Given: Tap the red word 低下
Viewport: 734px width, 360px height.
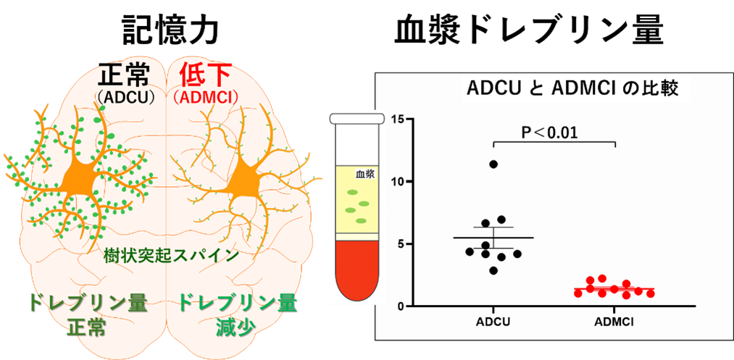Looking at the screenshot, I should [196, 76].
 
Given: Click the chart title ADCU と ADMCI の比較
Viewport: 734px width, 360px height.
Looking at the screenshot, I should [572, 89].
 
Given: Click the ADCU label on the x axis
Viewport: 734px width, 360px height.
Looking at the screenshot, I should [493, 322].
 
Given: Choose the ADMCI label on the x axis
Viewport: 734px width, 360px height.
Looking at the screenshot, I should [614, 322].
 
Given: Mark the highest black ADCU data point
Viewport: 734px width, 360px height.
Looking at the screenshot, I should [493, 164].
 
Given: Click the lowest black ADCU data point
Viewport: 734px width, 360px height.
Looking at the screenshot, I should [493, 270].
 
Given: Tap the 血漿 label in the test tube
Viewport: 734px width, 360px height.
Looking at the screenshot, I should [364, 174].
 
